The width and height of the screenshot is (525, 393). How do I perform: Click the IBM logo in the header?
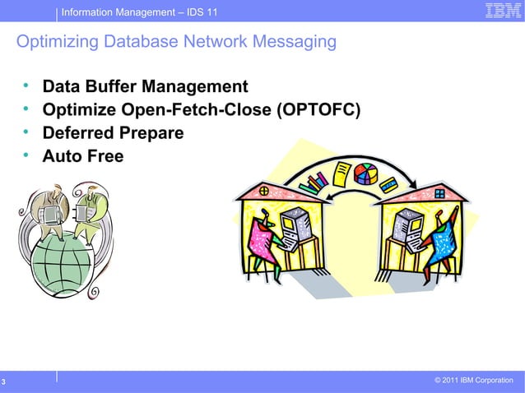point(498,12)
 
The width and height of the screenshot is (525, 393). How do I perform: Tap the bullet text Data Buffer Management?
point(145,87)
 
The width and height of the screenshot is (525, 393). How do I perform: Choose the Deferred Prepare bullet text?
point(113,132)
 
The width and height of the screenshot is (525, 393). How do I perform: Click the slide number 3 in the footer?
point(4,381)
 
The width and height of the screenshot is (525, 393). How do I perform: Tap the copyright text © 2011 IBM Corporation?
point(473,380)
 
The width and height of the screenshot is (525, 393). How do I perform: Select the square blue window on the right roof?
point(439,194)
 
